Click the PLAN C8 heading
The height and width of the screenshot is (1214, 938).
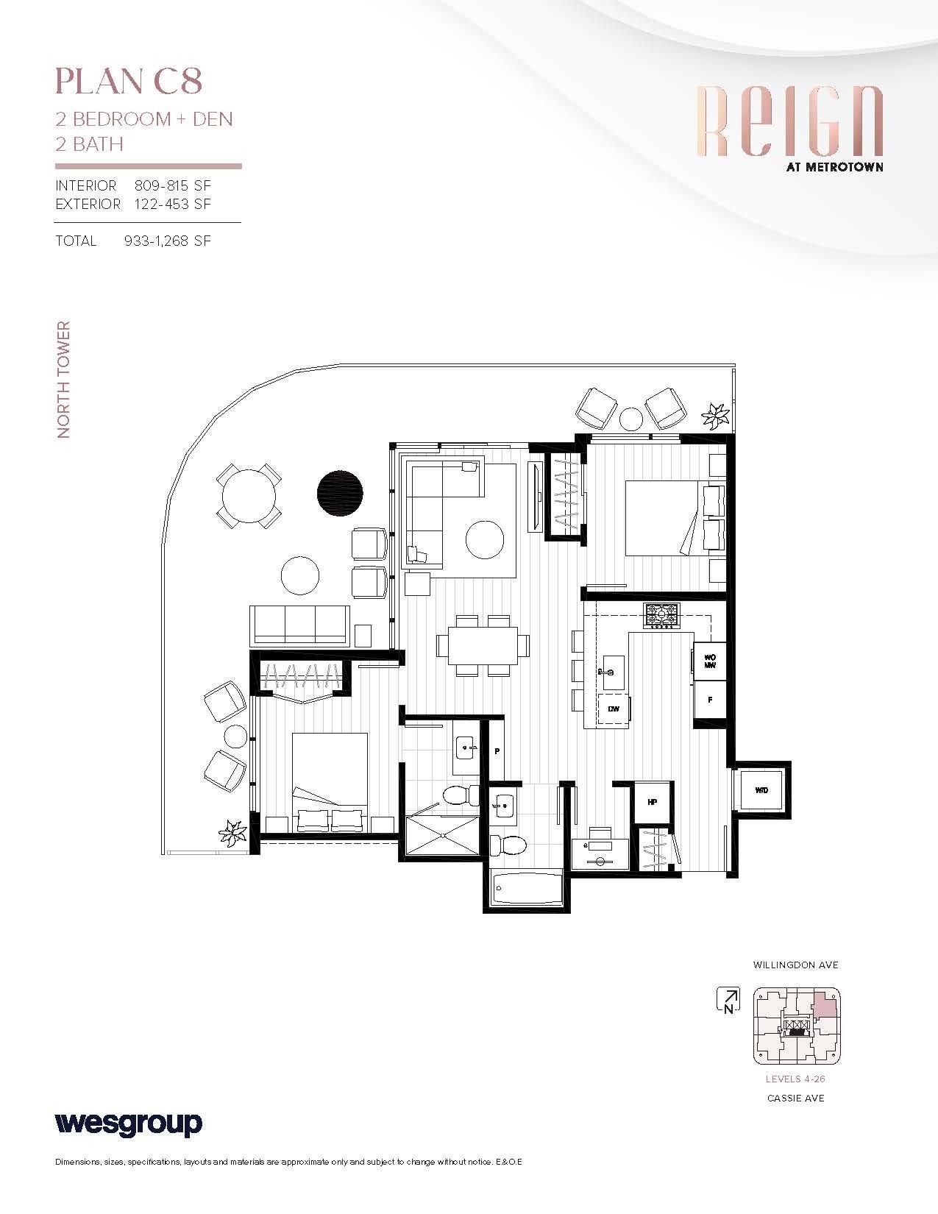tap(129, 82)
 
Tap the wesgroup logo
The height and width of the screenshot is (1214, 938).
tap(128, 1124)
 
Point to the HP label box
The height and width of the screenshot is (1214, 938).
tap(652, 802)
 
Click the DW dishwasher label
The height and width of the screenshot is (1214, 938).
tap(612, 709)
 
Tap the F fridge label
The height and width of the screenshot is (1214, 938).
tap(710, 700)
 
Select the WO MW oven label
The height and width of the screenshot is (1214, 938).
tap(710, 661)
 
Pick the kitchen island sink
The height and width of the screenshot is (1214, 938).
tap(613, 671)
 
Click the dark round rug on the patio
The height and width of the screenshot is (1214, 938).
tap(339, 493)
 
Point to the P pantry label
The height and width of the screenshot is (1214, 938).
tap(497, 752)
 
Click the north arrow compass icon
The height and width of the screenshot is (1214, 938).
tap(728, 1000)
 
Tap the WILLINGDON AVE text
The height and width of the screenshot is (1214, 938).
tap(795, 965)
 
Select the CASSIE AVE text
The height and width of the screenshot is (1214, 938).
tap(796, 1098)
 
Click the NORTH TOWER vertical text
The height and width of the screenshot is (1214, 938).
tap(64, 380)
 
